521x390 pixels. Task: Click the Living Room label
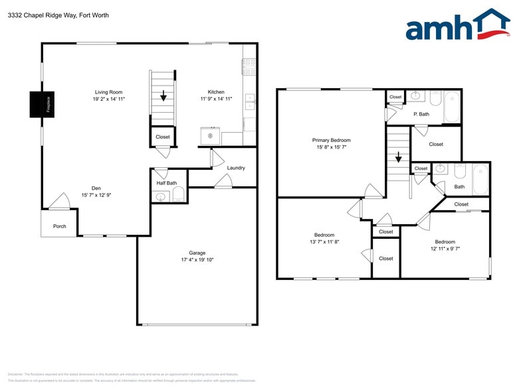point(108,92)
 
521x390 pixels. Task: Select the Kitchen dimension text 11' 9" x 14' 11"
point(216,99)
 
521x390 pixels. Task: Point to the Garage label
point(197,253)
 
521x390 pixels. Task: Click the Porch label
point(60,226)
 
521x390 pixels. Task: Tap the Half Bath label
point(166,183)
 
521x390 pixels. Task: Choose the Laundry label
point(236,168)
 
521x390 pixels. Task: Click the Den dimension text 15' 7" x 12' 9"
point(96,195)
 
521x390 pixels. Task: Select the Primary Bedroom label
point(331,140)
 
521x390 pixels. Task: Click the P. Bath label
point(421,114)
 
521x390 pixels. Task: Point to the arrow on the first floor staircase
point(163,96)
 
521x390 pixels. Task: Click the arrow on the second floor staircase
point(398,158)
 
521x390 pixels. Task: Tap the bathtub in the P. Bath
point(452,107)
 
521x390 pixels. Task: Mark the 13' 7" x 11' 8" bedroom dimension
point(324,242)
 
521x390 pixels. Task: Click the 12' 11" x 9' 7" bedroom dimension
point(445,249)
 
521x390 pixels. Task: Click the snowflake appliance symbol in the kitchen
point(210,136)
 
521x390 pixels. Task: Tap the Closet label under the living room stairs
point(162,137)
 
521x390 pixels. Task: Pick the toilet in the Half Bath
point(177,195)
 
